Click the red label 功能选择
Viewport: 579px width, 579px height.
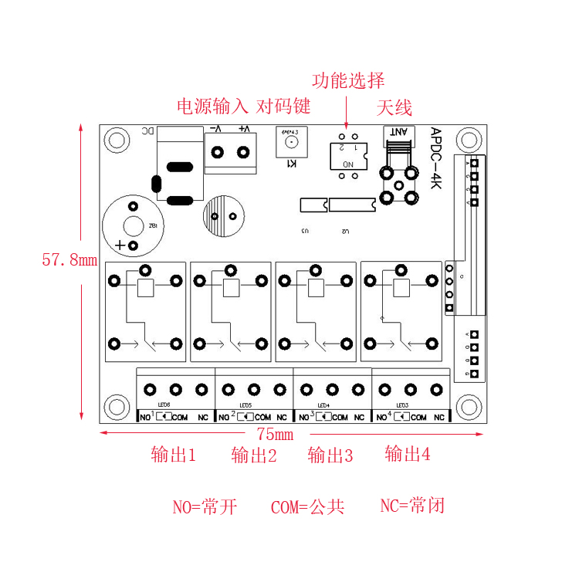pyautogui.click(x=347, y=80)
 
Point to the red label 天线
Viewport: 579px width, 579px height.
pyautogui.click(x=394, y=107)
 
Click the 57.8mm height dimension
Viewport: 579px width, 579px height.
pyautogui.click(x=69, y=260)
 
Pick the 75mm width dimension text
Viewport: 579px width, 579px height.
pyautogui.click(x=270, y=434)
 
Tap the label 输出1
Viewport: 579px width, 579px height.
pyautogui.click(x=174, y=455)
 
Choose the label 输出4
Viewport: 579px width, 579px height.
pyautogui.click(x=407, y=454)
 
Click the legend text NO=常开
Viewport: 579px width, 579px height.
pyautogui.click(x=205, y=507)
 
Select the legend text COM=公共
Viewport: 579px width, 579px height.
pyautogui.click(x=307, y=507)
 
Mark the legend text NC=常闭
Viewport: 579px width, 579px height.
pyautogui.click(x=412, y=506)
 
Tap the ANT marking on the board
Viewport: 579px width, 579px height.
pyautogui.click(x=400, y=132)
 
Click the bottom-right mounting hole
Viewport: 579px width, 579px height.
pyautogui.click(x=469, y=407)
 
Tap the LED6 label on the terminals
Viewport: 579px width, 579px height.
pyautogui.click(x=164, y=405)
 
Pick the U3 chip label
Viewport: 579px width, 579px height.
pyautogui.click(x=305, y=231)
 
